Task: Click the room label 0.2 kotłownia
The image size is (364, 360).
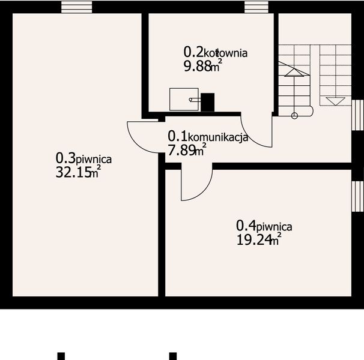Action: [x=215, y=52]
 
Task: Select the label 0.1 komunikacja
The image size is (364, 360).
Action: [x=208, y=137]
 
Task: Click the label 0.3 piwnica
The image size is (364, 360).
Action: [x=83, y=158]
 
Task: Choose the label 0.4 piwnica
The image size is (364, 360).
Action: [x=264, y=226]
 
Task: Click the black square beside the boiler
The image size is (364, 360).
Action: [x=207, y=102]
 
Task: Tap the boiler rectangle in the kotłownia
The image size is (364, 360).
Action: [x=184, y=100]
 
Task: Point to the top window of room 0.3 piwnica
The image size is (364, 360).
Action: [x=74, y=6]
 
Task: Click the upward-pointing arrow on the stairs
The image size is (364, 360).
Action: [x=294, y=72]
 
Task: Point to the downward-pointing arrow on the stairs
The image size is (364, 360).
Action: [x=332, y=100]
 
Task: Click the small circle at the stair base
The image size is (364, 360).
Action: [x=294, y=115]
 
